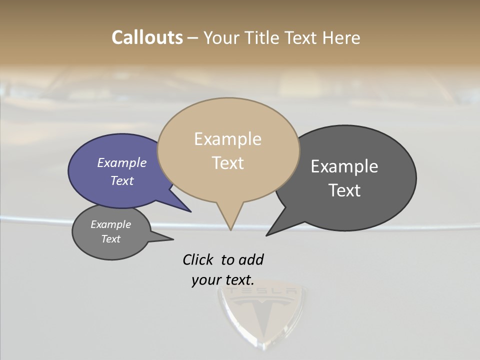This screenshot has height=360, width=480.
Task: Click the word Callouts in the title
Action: click(147, 37)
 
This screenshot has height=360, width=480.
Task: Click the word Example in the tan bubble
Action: click(227, 139)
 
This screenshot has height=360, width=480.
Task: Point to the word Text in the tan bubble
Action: click(227, 163)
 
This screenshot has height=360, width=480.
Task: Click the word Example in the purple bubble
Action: click(121, 163)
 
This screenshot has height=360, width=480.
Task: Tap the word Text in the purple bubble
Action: click(121, 180)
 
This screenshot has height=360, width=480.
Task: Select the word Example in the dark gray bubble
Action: click(344, 166)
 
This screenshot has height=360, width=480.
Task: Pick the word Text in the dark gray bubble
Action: click(344, 190)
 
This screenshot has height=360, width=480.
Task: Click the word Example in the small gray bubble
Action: click(110, 224)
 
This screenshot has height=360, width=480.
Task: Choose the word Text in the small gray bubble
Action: click(110, 239)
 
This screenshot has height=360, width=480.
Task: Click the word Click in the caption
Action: click(198, 259)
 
